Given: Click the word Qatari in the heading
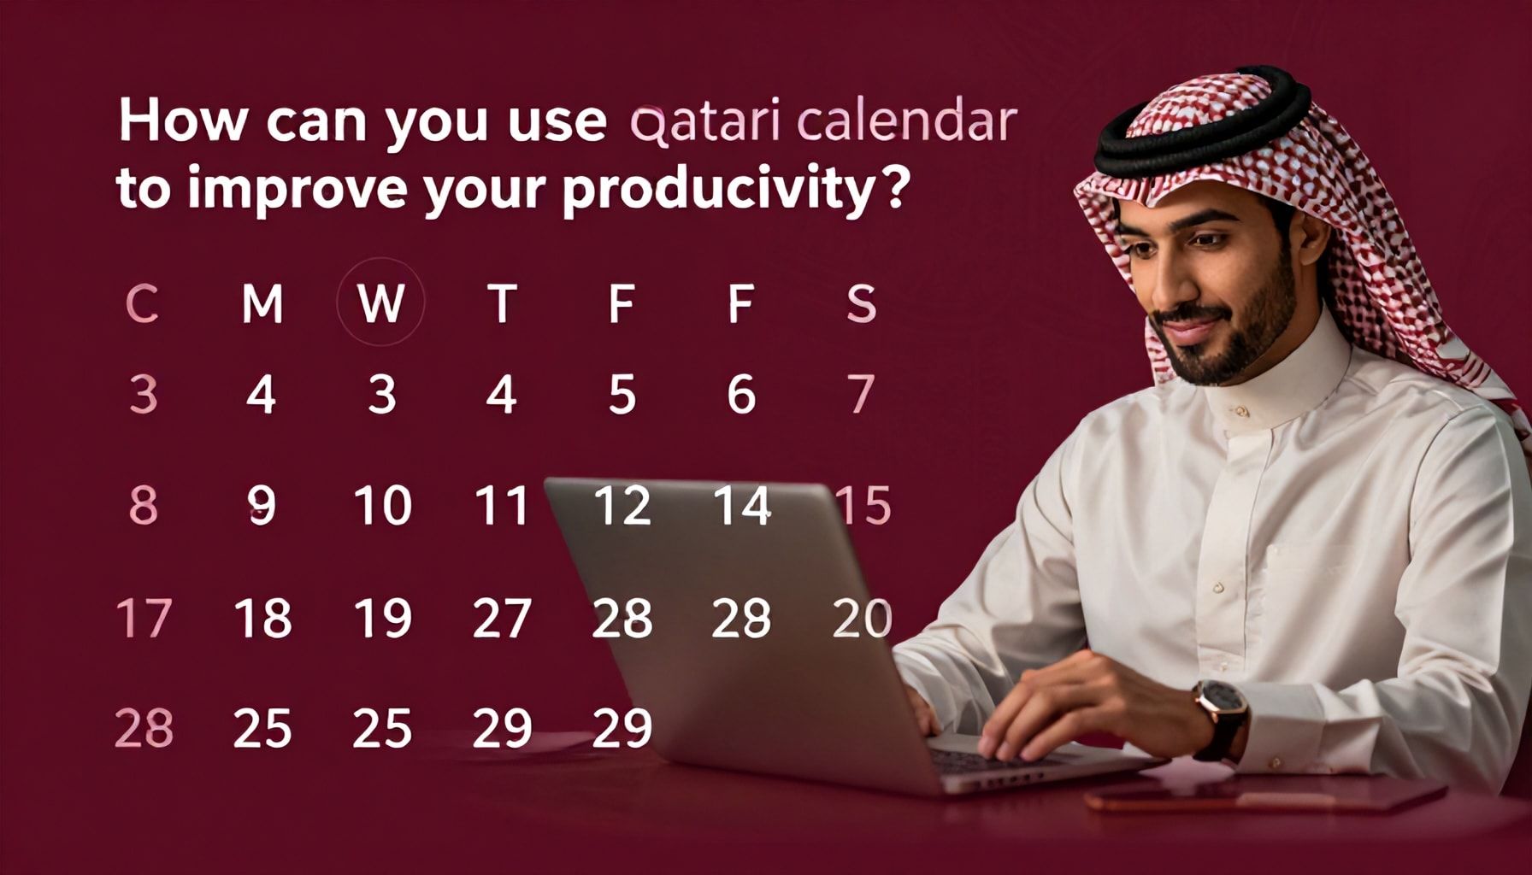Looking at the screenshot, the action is [x=704, y=123].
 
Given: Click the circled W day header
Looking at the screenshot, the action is [x=380, y=302].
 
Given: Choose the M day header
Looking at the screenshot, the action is [x=262, y=303].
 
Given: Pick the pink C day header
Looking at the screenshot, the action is [x=142, y=303].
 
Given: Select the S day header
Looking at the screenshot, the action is [x=861, y=304].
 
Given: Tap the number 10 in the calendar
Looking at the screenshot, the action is [x=382, y=505].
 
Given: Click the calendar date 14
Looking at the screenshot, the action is [x=742, y=505].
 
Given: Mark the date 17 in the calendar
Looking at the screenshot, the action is [x=144, y=618].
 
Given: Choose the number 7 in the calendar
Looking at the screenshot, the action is [x=861, y=394].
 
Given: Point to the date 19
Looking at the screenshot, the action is [x=382, y=618].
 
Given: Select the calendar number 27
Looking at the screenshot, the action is [x=502, y=618].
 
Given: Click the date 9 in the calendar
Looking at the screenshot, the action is [x=262, y=505].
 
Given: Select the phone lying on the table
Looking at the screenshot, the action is [x=1265, y=795].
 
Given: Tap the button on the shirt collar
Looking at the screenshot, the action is [x=1240, y=412].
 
